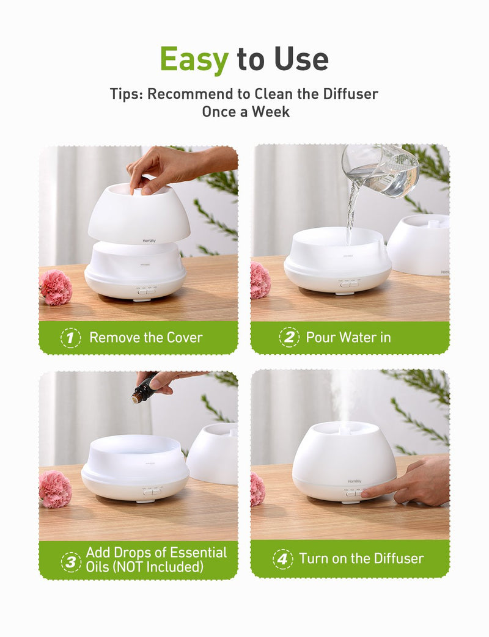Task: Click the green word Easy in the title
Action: pyautogui.click(x=194, y=59)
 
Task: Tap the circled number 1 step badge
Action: pyautogui.click(x=71, y=338)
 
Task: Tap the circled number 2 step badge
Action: pyautogui.click(x=289, y=338)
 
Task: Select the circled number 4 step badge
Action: pyautogui.click(x=282, y=559)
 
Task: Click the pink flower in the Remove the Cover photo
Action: pyautogui.click(x=56, y=288)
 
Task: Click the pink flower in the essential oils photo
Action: pyautogui.click(x=55, y=489)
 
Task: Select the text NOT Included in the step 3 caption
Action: pyautogui.click(x=158, y=567)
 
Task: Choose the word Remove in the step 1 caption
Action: pyautogui.click(x=113, y=338)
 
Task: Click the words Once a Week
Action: pyautogui.click(x=246, y=112)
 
